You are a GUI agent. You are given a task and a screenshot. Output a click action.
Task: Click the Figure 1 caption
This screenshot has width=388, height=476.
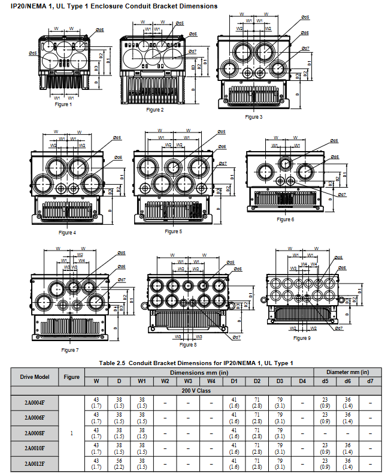pos(63,104)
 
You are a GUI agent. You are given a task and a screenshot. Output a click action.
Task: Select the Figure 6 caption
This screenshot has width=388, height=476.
pos(285,219)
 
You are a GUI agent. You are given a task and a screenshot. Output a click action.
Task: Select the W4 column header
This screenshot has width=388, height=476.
pos(211,381)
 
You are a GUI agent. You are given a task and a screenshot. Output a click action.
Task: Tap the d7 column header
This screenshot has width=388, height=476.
pos(371,381)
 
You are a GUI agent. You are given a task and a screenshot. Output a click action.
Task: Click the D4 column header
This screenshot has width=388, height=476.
pos(302,381)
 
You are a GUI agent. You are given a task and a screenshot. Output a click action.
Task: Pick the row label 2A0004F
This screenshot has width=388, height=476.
pos(35,402)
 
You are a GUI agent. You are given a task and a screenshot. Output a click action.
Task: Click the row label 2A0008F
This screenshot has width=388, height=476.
pos(35,433)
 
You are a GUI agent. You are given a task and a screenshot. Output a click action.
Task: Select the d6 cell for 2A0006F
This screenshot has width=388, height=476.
pos(348,417)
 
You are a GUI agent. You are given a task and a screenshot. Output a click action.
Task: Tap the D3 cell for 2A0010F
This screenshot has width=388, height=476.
pos(280,448)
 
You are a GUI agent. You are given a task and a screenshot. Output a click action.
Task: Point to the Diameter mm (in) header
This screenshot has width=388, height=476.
pos(348,372)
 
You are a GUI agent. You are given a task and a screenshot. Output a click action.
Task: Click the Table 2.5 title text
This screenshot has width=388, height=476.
pos(196,363)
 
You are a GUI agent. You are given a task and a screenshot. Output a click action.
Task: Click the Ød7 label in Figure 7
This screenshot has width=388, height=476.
pos(122,280)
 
